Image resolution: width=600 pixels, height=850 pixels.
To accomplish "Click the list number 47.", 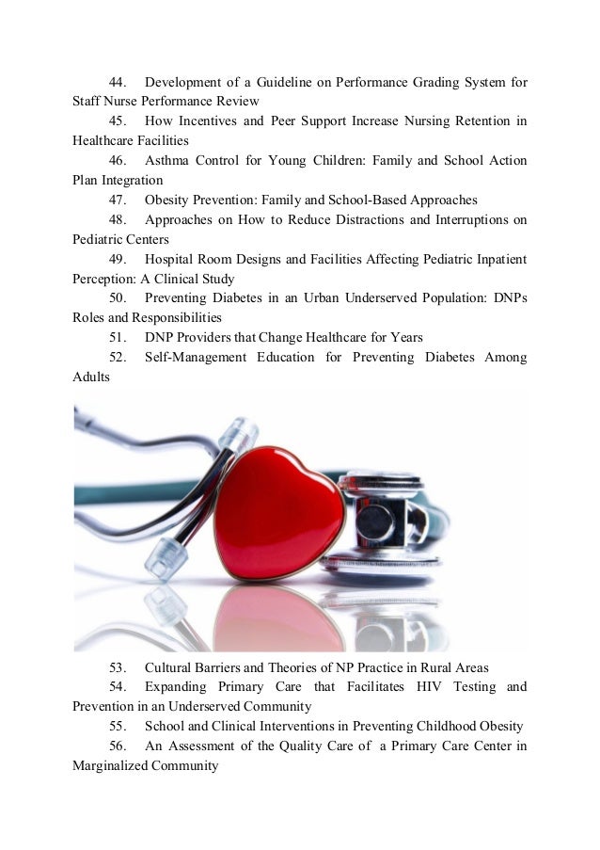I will tap(119, 200).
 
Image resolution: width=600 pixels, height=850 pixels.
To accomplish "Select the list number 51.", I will tap(119, 338).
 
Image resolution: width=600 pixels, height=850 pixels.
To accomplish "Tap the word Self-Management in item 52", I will tap(195, 358).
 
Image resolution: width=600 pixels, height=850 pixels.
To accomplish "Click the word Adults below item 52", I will tap(91, 377).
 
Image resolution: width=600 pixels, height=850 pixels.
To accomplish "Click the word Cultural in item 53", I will tap(170, 669).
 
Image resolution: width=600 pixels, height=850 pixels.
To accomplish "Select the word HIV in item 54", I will tap(430, 688).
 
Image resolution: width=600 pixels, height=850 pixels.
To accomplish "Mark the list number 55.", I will tap(119, 728).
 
